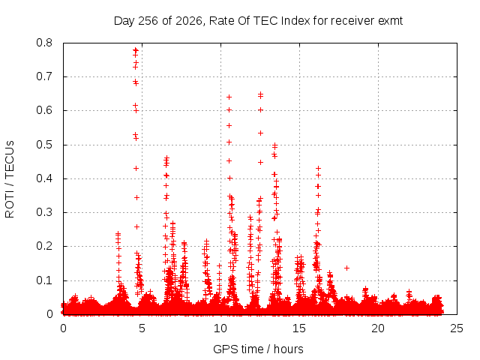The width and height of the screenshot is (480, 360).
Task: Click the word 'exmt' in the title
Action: coord(390,21)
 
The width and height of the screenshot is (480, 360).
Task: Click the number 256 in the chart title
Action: coord(148,21)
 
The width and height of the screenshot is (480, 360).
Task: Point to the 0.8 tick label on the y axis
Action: coord(44,43)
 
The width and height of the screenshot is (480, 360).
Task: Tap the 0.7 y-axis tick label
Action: coord(44,76)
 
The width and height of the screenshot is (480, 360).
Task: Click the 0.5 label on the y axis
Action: coord(44,145)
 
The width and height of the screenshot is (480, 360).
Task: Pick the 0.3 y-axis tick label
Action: coord(44,212)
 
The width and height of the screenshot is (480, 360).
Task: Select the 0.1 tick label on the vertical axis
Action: coord(44,280)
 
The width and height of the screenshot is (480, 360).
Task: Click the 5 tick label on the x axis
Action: coord(142,328)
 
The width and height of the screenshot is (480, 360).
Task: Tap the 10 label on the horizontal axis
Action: coord(220,328)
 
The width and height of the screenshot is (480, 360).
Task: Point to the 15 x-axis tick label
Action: coord(299,328)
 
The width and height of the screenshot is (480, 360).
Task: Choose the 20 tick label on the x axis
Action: coord(378,328)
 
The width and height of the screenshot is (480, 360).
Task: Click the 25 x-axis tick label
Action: coord(457,328)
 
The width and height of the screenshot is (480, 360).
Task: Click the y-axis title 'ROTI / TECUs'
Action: coord(10,179)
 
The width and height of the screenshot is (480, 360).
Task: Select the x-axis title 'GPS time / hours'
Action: coord(258,349)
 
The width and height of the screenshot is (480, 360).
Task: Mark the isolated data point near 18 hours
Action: coord(346,268)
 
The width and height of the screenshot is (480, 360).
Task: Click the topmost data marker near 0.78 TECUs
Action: coord(135,49)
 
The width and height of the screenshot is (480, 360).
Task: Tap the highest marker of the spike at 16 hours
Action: coord(318,168)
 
